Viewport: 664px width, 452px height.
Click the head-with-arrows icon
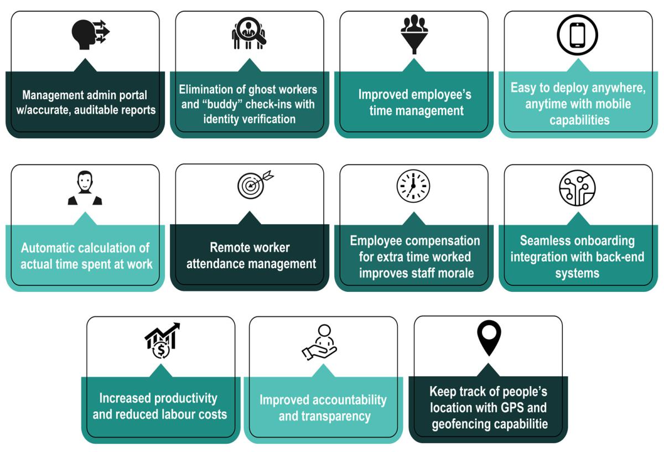[90, 34]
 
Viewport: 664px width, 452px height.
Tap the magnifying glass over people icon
[249, 34]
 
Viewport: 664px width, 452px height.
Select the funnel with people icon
[414, 34]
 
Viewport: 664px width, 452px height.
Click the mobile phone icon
[577, 34]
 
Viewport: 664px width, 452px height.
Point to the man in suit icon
[85, 188]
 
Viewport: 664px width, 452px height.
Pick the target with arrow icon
[254, 185]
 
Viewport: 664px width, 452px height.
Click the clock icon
[413, 186]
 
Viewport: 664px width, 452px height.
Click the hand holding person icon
[320, 342]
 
